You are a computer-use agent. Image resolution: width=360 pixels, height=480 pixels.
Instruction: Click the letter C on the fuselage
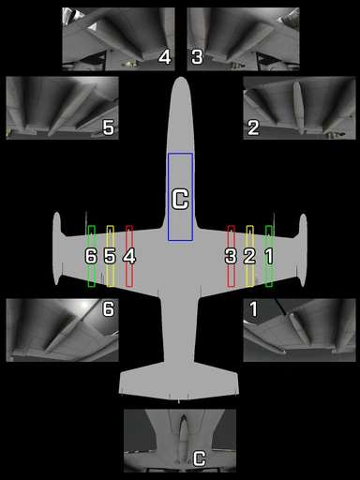181,199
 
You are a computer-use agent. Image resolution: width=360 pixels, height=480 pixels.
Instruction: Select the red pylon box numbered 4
129,256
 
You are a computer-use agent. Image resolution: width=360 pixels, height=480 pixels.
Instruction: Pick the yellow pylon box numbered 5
110,256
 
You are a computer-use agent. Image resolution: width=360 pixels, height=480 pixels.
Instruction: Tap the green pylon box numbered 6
91,256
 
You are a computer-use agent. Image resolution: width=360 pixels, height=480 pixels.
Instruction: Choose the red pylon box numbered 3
231,256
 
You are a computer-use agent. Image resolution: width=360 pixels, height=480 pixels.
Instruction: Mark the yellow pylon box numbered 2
249,256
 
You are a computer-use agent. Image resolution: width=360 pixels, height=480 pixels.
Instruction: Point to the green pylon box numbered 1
269,256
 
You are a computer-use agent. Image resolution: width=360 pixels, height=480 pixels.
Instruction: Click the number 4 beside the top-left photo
165,57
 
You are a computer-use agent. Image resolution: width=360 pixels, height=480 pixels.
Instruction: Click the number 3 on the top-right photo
197,57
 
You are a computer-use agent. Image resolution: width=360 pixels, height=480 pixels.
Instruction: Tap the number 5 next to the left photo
109,128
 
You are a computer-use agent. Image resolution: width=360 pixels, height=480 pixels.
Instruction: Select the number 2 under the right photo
253,128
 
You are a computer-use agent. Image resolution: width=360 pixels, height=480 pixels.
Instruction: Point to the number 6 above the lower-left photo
109,308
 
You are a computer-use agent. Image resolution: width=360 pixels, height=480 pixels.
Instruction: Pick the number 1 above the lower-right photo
253,308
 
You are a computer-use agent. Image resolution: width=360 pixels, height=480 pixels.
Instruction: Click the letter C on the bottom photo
199,458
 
